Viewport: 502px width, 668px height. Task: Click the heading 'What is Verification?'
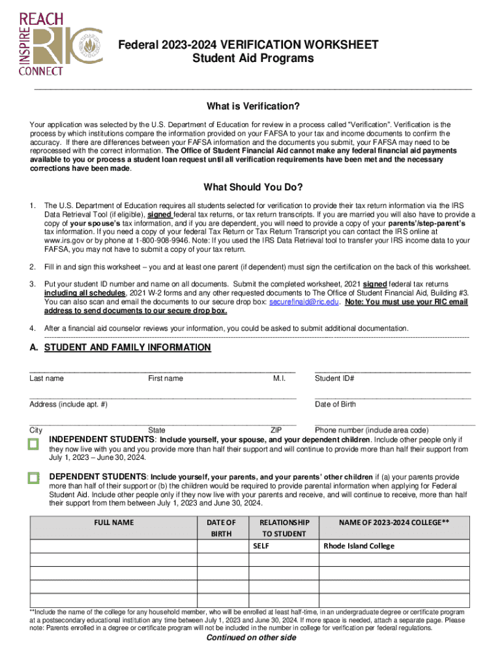pos(253,106)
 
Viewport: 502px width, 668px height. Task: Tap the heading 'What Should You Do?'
pos(253,187)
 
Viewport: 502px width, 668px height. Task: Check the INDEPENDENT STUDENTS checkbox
pos(34,444)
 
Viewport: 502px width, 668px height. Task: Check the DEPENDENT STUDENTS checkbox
pos(34,478)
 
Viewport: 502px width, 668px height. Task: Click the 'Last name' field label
pos(47,378)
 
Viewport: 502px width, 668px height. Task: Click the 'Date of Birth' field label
pos(335,404)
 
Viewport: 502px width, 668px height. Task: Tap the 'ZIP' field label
pos(276,431)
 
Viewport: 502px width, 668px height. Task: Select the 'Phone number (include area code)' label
pos(372,431)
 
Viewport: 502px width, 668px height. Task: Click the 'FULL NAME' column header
pos(114,523)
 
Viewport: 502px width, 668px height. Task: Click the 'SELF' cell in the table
pos(261,546)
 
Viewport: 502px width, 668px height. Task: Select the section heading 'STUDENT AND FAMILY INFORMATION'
pos(127,348)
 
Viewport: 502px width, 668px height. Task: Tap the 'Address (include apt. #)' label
pos(68,404)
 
